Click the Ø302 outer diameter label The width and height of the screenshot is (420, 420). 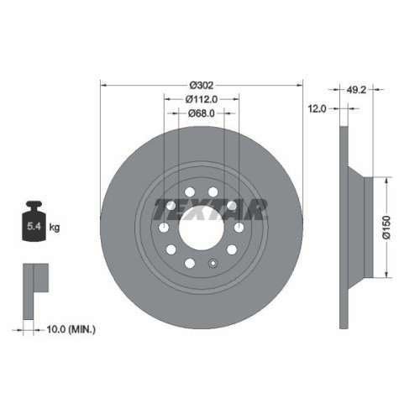202,85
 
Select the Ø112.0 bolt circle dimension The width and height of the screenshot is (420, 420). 202,99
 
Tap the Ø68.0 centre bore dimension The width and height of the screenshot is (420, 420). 202,113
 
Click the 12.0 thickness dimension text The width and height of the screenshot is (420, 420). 317,108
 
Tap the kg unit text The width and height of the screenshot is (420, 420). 55,227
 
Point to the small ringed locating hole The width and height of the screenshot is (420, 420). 214,262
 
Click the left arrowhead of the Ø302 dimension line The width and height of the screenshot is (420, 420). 103,85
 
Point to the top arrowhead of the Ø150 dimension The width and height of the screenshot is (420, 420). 386,179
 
